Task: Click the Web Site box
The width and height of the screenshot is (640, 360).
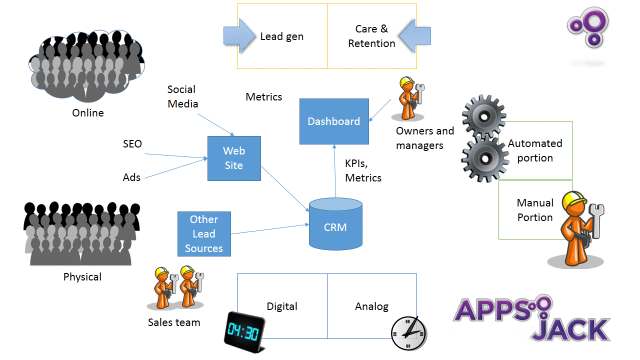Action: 234,158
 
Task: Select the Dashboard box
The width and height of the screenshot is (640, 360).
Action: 334,121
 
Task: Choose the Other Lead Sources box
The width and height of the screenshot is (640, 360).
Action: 204,234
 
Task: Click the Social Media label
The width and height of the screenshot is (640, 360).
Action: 182,96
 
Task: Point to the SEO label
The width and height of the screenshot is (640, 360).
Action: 132,144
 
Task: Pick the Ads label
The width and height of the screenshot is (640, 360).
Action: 131,177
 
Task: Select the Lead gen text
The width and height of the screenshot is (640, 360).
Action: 282,36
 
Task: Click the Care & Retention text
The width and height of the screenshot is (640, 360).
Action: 371,36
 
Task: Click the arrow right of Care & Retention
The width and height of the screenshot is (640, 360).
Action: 414,35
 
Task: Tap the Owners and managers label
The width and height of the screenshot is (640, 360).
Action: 424,138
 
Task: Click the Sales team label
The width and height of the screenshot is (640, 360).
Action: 174,322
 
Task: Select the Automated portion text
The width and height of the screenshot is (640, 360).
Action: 535,150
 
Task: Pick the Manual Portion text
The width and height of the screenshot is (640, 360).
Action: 535,210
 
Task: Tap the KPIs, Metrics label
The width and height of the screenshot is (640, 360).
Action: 363,170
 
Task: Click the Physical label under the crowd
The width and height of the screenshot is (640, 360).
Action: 82,277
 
